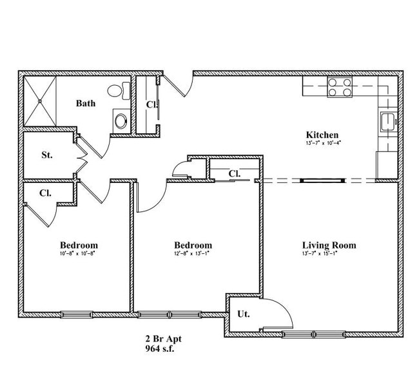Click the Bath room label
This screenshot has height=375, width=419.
point(86,103)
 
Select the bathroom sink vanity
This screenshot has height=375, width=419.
point(120,120)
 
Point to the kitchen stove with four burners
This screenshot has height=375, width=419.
point(340,87)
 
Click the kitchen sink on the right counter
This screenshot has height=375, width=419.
point(387,120)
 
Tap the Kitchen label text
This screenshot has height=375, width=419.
point(322,135)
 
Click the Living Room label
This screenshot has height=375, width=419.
point(329,245)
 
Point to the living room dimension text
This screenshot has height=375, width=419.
point(329,254)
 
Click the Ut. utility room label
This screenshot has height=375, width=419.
point(243,314)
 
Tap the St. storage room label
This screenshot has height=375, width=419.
point(47,155)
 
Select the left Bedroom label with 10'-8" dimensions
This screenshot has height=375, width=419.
point(79,245)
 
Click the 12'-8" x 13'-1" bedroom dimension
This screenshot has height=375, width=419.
point(193,254)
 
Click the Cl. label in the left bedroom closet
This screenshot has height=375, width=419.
point(46,193)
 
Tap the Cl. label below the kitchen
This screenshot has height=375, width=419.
point(234,173)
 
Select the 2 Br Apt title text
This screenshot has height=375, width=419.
point(160,339)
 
